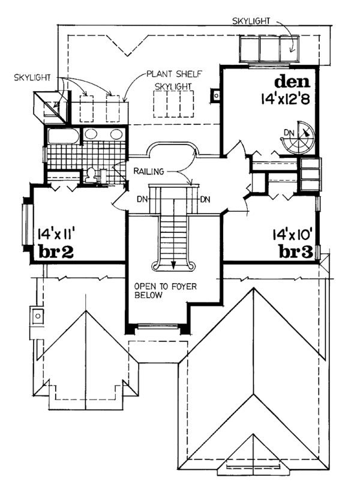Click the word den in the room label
pyautogui.click(x=292, y=81)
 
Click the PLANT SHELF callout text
pyautogui.click(x=173, y=74)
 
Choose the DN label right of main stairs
pyautogui.click(x=205, y=199)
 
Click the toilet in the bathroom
pyautogui.click(x=91, y=175)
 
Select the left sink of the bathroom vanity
pyautogui.click(x=92, y=133)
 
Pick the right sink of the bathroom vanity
pyautogui.click(x=116, y=133)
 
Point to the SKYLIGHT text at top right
pyautogui.click(x=251, y=22)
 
